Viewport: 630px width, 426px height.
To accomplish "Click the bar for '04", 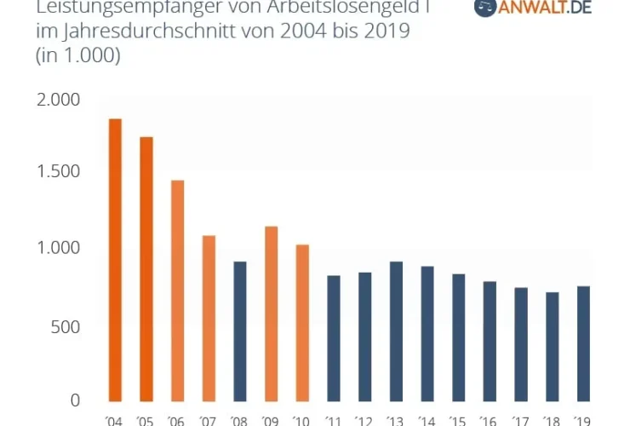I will click(x=115, y=260).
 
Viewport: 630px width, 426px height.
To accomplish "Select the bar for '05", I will click(x=146, y=269).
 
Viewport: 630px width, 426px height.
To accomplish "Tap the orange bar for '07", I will click(x=209, y=318).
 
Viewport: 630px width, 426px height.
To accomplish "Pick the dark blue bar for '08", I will click(x=240, y=331).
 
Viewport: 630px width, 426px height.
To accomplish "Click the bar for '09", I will click(x=271, y=314).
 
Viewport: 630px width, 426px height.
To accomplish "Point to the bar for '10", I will click(x=302, y=323).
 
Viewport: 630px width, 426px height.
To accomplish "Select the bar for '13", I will click(x=396, y=331).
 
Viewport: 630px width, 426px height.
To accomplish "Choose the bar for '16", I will click(x=490, y=341).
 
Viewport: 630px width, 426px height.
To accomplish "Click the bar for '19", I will click(x=583, y=343).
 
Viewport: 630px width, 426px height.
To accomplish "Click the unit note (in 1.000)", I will click(x=77, y=56).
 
